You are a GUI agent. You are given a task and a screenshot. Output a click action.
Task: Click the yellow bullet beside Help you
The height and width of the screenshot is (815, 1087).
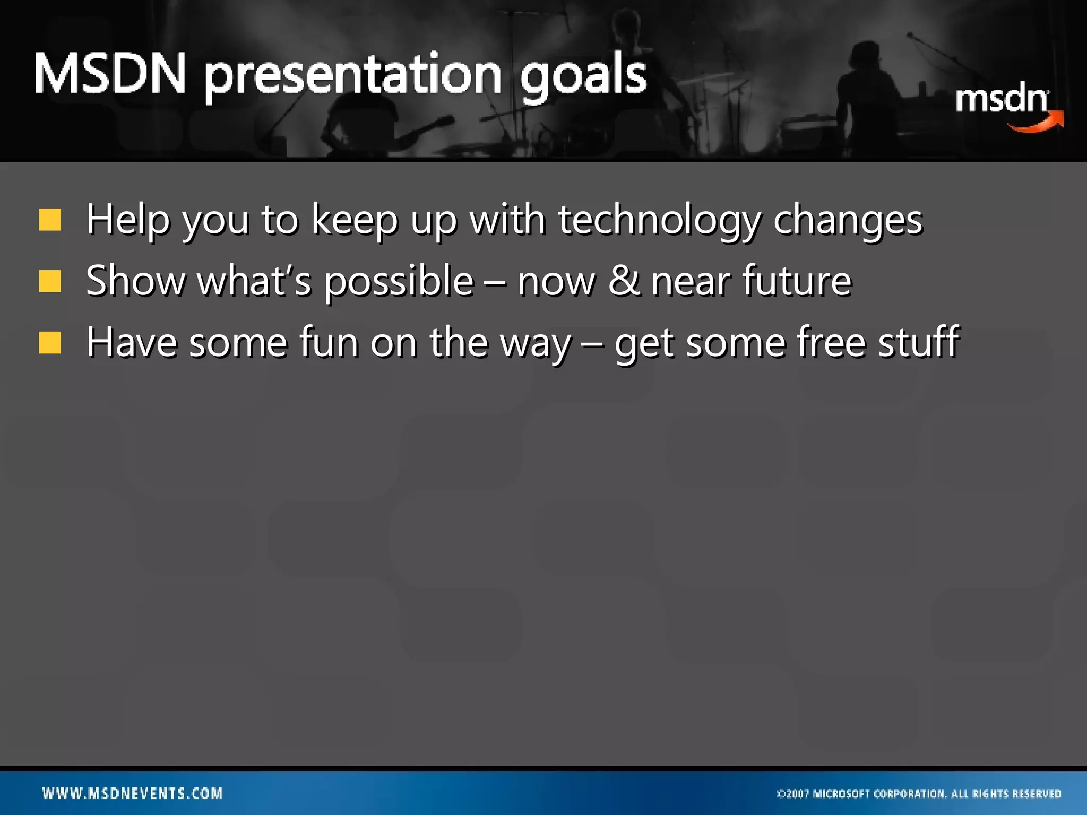(50, 220)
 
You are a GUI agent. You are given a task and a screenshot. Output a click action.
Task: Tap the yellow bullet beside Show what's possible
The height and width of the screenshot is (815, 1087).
(50, 281)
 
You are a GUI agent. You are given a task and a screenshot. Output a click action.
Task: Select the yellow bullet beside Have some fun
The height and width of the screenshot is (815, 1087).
(50, 342)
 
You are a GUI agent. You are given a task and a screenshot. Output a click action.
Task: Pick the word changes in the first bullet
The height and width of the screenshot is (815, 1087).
(848, 221)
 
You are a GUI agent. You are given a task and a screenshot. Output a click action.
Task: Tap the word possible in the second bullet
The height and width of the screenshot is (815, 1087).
(399, 282)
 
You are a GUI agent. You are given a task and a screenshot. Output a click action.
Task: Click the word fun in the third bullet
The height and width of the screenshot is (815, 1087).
(329, 342)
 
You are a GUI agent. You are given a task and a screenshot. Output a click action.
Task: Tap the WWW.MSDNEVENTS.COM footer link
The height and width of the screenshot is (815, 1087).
(132, 793)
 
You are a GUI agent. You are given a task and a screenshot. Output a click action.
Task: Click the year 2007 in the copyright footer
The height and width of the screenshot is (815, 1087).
(797, 794)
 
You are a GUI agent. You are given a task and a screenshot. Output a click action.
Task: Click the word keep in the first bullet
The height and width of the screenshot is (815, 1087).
(354, 221)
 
